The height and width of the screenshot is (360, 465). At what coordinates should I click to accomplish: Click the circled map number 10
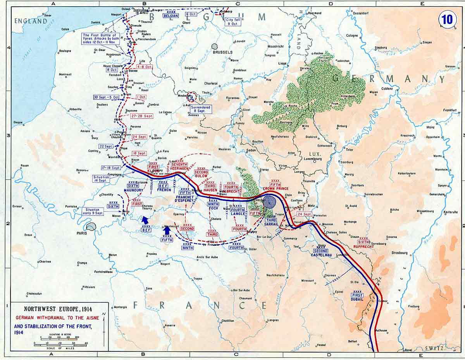pyautogui.click(x=447, y=19)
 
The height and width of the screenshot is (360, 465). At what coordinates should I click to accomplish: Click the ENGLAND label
pyautogui.click(x=31, y=21)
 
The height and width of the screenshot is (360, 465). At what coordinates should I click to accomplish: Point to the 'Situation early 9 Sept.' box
pyautogui.click(x=93, y=212)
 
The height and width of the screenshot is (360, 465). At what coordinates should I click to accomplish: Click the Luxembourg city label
pyautogui.click(x=313, y=159)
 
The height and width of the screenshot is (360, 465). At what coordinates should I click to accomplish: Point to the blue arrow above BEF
pyautogui.click(x=146, y=220)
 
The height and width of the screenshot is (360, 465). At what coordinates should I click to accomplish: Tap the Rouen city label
pyautogui.click(x=24, y=166)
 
